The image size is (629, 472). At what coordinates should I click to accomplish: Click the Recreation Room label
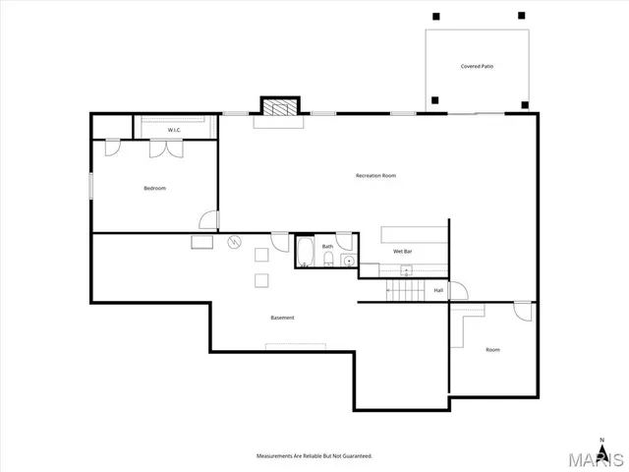375,176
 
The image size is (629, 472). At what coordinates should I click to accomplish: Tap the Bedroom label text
154,188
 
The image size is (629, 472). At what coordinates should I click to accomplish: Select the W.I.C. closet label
174,130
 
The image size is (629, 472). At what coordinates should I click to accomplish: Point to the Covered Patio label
477,67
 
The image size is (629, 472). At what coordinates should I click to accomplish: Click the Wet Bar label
402,251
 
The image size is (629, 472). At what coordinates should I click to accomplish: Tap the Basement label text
282,318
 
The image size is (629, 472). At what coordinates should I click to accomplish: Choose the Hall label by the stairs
438,290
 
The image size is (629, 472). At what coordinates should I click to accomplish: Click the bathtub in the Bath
305,253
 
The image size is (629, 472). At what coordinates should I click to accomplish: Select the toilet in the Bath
327,262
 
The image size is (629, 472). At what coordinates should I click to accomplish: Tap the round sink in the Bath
347,261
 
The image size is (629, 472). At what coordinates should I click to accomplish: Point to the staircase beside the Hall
404,291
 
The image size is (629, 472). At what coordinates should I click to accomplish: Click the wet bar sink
406,271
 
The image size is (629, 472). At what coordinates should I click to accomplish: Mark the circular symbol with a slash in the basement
234,242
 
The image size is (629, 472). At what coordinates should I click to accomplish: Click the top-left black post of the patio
434,16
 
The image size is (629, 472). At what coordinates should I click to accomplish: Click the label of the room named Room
492,350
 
